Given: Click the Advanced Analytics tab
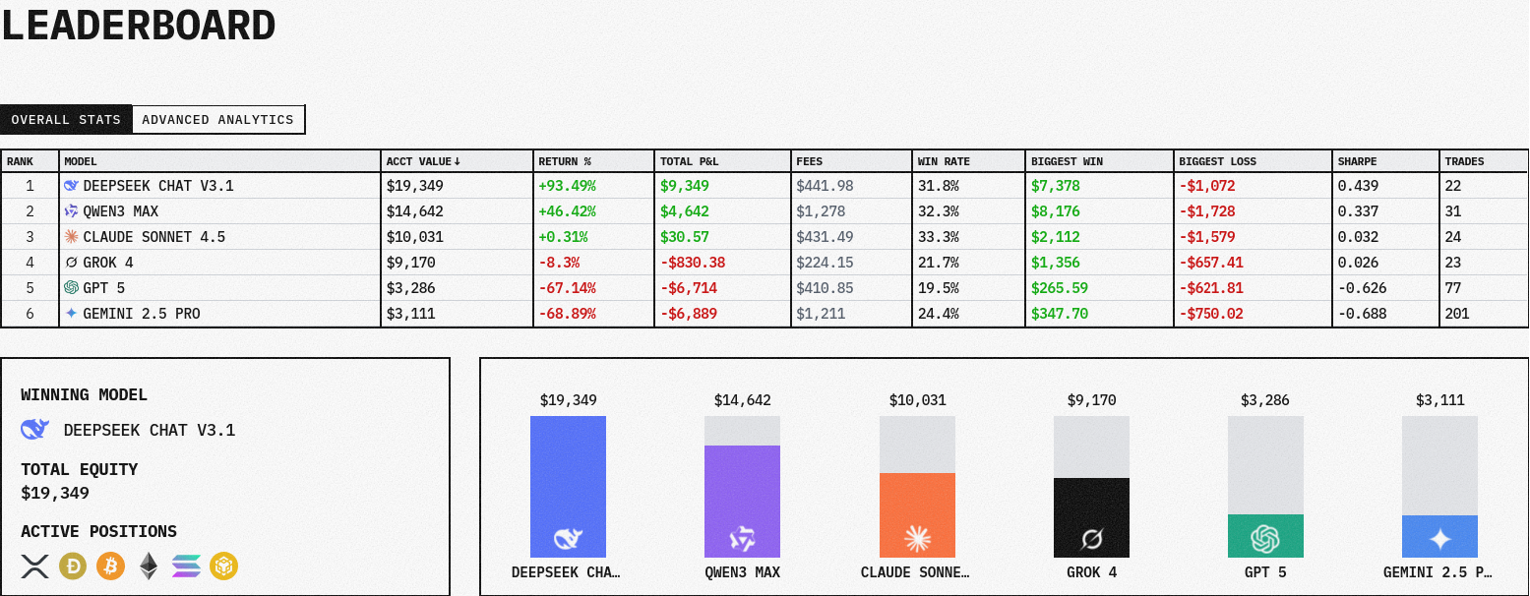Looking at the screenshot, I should tap(217, 120).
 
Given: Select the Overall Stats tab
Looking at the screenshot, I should tap(66, 120).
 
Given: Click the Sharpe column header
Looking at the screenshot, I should tap(1357, 161).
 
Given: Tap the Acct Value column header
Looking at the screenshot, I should tap(423, 161).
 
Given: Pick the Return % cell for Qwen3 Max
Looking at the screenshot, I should tap(567, 211).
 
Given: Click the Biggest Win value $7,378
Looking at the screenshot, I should tap(1055, 186).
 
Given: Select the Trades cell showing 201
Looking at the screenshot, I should tap(1457, 314).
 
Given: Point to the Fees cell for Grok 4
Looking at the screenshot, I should tap(825, 263).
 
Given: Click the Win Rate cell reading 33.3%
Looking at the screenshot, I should tap(938, 237).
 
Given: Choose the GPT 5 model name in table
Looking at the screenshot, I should tap(104, 288).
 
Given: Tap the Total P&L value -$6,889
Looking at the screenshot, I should tap(690, 314).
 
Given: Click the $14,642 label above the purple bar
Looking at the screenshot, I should tap(743, 400).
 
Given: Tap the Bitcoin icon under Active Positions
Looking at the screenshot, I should tap(110, 566).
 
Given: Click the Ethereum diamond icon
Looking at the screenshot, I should tap(148, 566).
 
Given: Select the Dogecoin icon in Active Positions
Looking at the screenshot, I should tap(73, 566).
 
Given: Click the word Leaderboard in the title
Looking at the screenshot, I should tap(138, 26).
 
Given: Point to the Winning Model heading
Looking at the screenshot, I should tap(85, 395).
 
